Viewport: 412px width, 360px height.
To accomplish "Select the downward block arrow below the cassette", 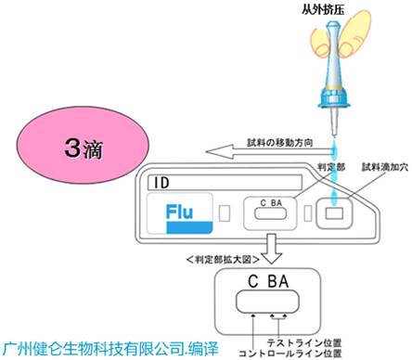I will [x=271, y=244].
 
